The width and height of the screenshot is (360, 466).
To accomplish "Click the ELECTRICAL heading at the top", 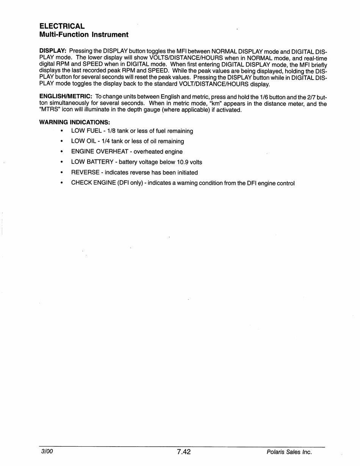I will [62, 26].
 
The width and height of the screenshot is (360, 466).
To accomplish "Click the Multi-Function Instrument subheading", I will [84, 35].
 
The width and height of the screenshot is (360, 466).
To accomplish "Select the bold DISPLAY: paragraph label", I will [53, 51].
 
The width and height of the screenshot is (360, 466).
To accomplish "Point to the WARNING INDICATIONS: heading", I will [75, 122].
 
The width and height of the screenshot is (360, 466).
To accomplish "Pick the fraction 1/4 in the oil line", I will [105, 141].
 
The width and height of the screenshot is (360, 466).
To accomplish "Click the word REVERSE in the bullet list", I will [85, 172].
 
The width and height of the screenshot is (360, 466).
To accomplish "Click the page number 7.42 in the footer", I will [183, 452].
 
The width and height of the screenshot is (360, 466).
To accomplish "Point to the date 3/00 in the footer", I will [47, 452].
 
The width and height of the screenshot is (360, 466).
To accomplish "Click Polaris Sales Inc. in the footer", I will [289, 452].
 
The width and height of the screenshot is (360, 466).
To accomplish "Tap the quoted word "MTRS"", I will [50, 110].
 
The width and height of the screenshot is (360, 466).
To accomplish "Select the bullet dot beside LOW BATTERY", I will [62, 162].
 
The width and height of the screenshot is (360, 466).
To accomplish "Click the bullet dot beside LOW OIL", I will [62, 141].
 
